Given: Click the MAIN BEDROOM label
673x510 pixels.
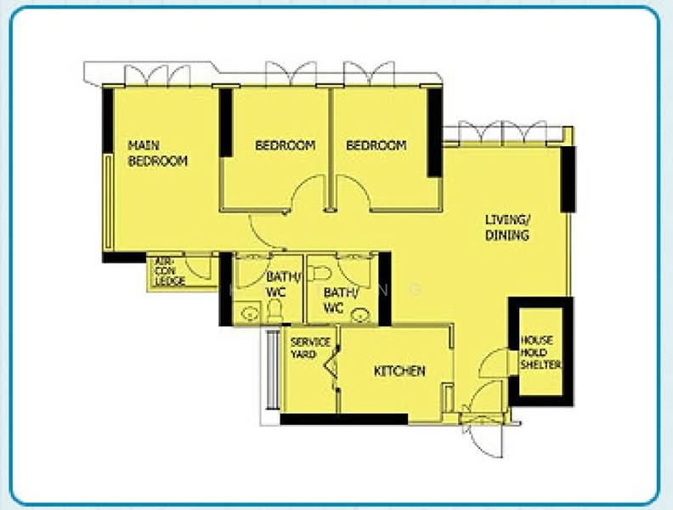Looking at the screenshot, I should click(x=157, y=153).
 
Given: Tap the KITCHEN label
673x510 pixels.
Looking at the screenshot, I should click(x=399, y=371).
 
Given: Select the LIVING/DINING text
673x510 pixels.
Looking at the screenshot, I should click(x=507, y=227).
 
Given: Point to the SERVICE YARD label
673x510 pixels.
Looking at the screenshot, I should click(x=310, y=348).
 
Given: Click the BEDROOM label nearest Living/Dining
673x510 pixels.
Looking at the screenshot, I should click(x=376, y=145).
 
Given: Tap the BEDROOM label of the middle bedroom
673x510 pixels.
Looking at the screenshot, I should click(x=286, y=145).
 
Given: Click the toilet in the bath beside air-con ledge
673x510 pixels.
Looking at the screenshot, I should click(x=274, y=312).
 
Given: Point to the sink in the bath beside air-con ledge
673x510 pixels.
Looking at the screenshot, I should click(x=248, y=314).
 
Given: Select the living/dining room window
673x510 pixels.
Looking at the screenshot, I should click(x=501, y=132).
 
